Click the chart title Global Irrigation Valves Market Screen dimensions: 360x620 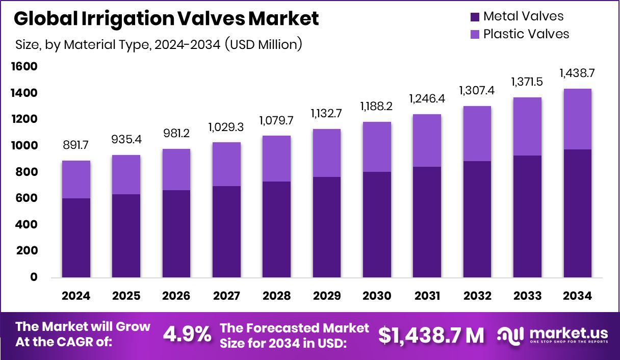(x=166, y=19)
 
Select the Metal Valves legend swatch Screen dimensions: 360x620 (x=475, y=17)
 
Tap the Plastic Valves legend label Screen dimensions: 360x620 (x=526, y=34)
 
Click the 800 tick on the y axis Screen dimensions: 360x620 (x=25, y=172)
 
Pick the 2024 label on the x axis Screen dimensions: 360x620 (x=76, y=296)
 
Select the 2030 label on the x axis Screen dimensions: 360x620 (x=377, y=296)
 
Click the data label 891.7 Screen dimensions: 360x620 (x=76, y=146)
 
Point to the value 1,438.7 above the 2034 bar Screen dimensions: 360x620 (x=578, y=73)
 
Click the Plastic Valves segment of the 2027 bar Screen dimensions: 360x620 (x=227, y=164)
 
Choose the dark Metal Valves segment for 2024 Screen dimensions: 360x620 (x=76, y=238)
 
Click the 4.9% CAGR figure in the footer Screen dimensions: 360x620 (x=187, y=335)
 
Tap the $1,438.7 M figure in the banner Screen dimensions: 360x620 (x=431, y=335)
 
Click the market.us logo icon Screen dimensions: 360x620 (x=510, y=335)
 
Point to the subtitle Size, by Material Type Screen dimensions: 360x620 (x=158, y=44)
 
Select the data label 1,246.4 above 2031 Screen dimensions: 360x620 (x=427, y=99)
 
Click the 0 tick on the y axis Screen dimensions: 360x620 (x=34, y=277)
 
